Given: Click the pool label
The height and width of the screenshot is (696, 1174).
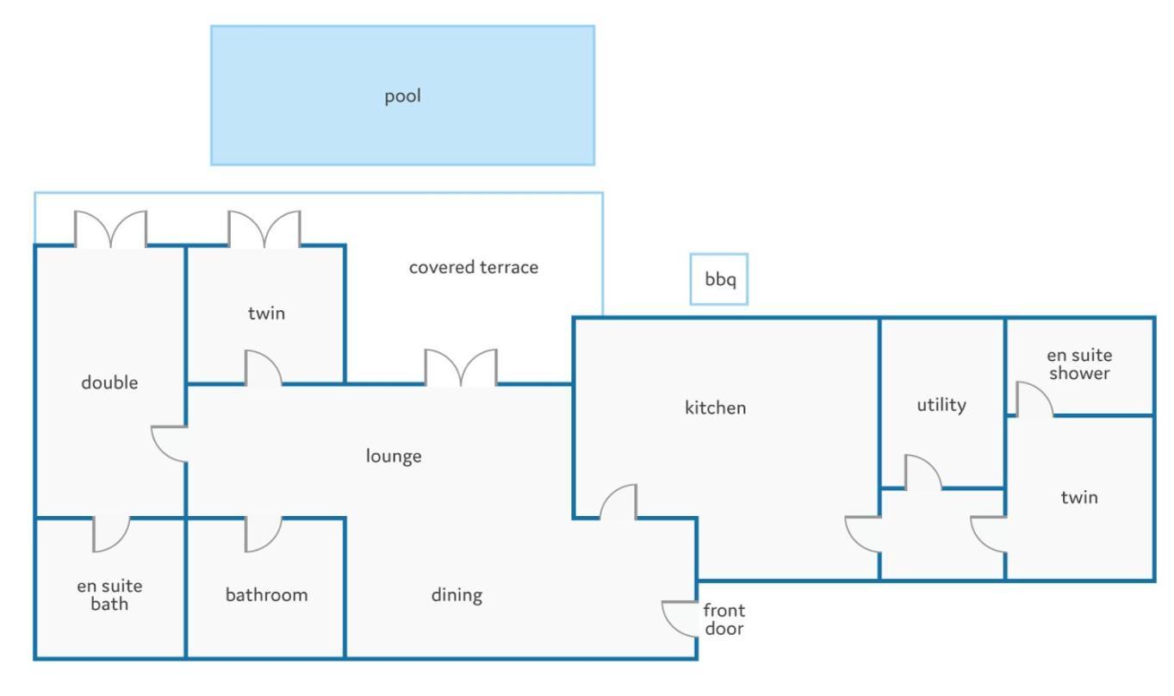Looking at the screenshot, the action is [x=402, y=96].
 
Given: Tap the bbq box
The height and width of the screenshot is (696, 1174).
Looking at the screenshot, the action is [x=718, y=279].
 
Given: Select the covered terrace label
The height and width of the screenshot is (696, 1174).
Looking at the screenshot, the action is [x=473, y=267].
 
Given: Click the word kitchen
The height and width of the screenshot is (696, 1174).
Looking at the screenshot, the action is [x=716, y=407].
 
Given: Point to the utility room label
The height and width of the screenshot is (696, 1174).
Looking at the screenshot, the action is [x=941, y=405].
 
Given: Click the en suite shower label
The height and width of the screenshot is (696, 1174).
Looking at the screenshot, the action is [x=1079, y=364].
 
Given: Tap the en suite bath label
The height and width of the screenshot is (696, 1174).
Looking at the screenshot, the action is [x=109, y=594].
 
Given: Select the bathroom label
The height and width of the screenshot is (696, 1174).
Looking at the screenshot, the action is [x=266, y=595].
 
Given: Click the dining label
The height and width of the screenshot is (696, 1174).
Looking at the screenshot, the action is [x=457, y=595].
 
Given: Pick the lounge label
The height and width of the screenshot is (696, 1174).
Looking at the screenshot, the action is [x=394, y=456].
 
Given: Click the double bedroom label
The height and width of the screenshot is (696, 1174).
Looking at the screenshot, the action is [x=109, y=382].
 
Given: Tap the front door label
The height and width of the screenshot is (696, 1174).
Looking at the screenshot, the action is [x=724, y=619].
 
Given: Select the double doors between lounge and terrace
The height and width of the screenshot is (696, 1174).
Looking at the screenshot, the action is [x=461, y=367].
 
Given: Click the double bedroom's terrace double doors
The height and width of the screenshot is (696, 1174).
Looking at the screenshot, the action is [x=110, y=228].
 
